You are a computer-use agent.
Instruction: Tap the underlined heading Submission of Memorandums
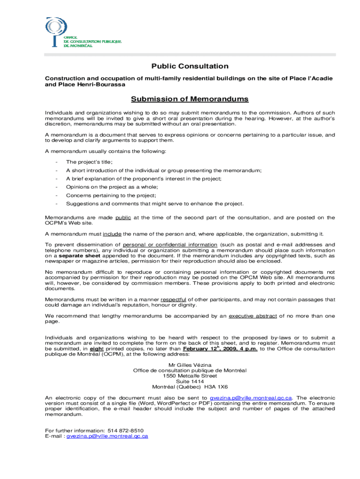[x=189, y=99]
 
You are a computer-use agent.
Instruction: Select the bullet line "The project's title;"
[x=89, y=162]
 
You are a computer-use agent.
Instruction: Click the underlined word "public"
[x=123, y=218]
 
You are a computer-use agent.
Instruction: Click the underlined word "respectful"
[x=173, y=299]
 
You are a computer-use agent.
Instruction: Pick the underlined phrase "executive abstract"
[x=253, y=316]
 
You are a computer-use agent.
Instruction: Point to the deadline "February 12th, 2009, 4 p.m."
[x=220, y=348]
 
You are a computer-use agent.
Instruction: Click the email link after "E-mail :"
[x=107, y=436]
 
